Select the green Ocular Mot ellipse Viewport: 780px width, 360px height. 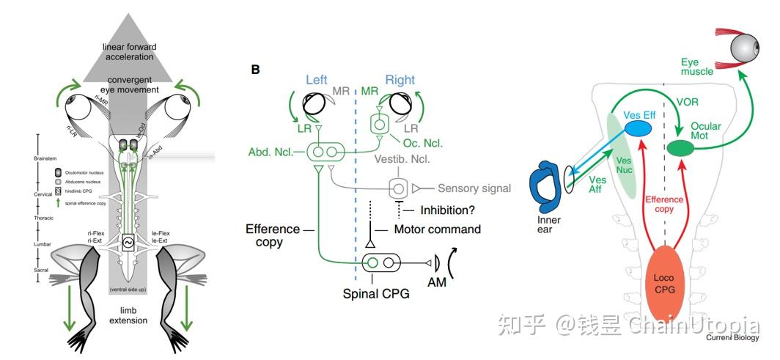(682, 149)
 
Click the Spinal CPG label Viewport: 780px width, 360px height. (375, 295)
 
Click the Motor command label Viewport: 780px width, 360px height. (438, 229)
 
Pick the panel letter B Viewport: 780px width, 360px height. (255, 70)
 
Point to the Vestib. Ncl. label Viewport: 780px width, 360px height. (400, 158)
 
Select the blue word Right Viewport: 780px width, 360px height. (400, 80)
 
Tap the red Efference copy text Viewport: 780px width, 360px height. (664, 205)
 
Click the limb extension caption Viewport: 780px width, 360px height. (129, 315)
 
